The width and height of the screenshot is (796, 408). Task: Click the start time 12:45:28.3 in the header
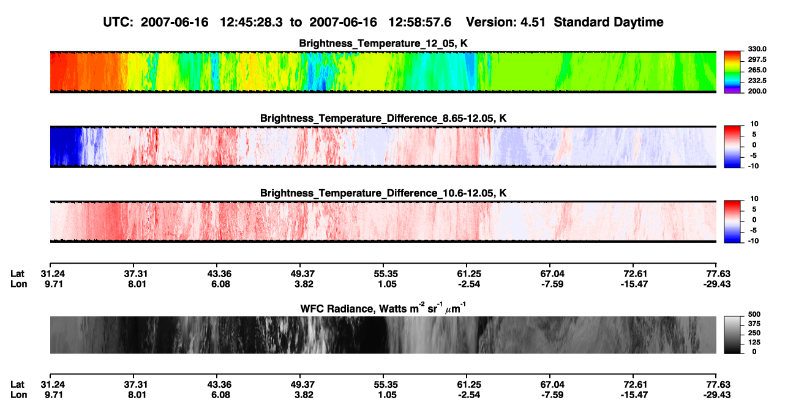[x=251, y=22]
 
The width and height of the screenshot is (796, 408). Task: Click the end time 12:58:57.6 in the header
[x=419, y=22]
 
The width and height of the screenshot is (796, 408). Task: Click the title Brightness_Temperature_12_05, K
[x=383, y=43]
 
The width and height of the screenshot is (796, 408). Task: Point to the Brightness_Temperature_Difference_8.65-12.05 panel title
[x=383, y=118]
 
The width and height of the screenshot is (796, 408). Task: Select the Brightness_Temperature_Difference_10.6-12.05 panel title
[x=383, y=193]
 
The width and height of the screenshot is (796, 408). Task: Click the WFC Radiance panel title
[x=383, y=308]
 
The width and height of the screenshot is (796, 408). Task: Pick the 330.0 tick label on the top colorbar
[x=757, y=49]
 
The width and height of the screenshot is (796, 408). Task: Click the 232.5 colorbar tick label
[x=757, y=81]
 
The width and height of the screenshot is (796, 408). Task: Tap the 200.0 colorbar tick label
[x=757, y=91]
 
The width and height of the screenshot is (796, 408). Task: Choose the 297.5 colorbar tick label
[x=757, y=59]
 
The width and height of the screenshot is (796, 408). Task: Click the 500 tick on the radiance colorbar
[x=754, y=314]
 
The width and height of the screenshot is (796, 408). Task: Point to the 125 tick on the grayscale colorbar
[x=754, y=343]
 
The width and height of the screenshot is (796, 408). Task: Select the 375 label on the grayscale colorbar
[x=754, y=324]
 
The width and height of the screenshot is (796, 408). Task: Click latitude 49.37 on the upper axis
[x=302, y=274]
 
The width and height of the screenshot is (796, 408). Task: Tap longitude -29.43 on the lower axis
[x=717, y=395]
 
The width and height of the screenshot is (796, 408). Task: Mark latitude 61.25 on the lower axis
[x=469, y=385]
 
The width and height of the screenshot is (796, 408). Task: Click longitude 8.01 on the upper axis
[x=137, y=284]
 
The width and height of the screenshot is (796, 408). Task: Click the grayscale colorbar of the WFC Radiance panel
[x=732, y=335]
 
